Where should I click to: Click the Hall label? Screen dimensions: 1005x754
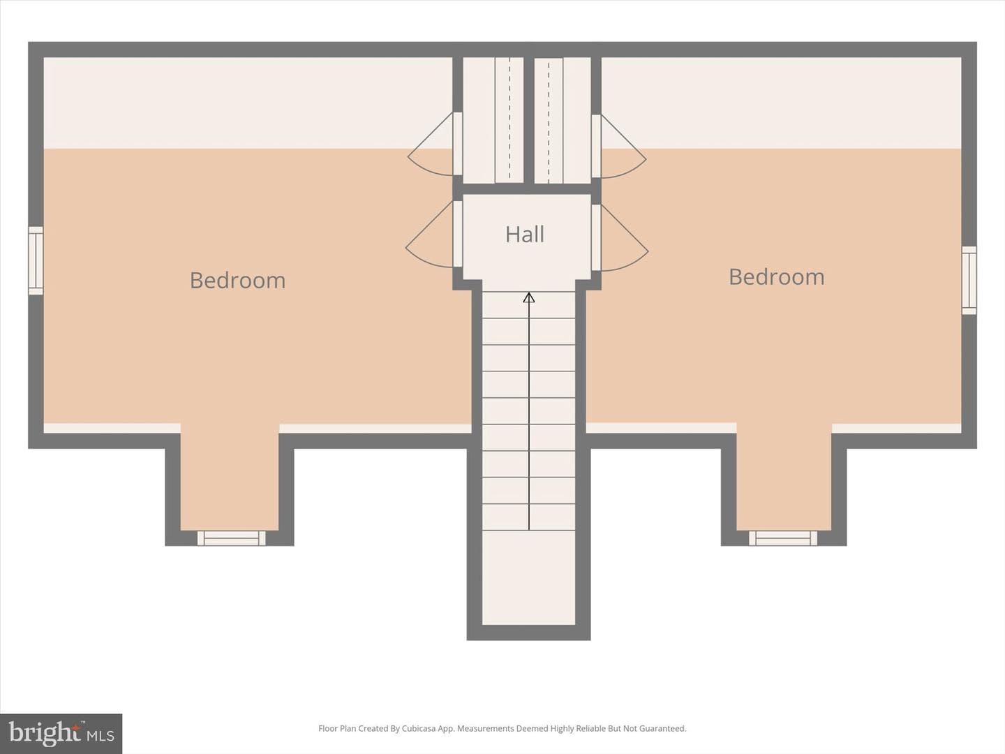525,235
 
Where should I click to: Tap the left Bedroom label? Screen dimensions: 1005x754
237,280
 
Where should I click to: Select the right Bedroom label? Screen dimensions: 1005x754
777,277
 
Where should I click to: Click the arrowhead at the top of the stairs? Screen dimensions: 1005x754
529,297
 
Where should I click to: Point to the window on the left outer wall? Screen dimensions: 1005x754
36,260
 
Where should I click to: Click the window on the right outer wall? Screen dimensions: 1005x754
969,280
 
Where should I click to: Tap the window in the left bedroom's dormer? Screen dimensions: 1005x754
231,538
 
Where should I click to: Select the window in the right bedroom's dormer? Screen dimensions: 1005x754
783,538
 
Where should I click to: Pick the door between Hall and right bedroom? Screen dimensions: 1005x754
620,237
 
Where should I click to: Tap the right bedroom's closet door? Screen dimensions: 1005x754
618,146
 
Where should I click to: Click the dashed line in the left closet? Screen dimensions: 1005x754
509,120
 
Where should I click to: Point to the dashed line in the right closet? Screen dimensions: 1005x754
549,120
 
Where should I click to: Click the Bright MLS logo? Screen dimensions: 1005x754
61,733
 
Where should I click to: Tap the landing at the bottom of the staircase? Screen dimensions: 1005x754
528,577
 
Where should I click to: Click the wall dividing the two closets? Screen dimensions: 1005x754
529,120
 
